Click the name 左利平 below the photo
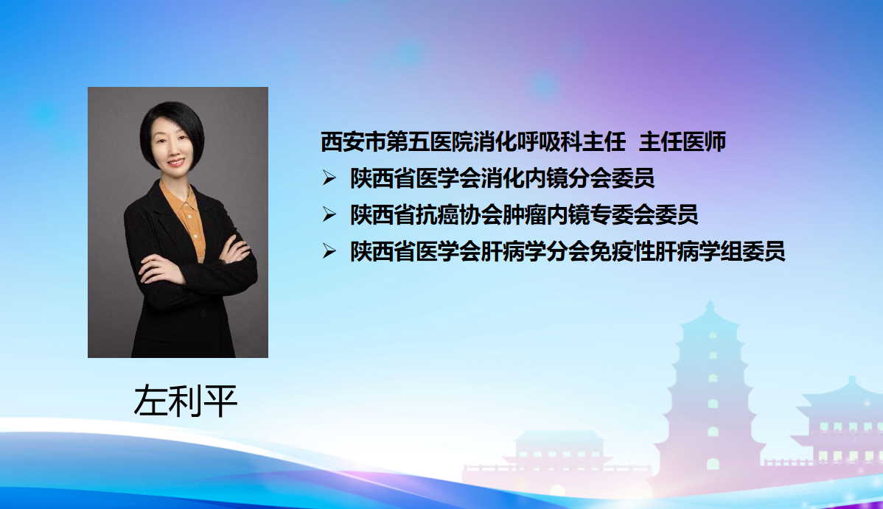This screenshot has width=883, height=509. click(x=185, y=401)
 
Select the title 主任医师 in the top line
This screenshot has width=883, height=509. click(x=683, y=142)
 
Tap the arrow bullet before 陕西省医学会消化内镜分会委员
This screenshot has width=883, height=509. click(x=329, y=178)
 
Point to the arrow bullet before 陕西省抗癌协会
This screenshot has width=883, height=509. click(x=329, y=214)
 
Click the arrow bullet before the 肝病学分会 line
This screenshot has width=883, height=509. click(x=329, y=251)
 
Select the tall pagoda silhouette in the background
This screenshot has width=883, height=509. click(x=712, y=394)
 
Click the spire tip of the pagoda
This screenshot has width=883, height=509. click(x=710, y=302)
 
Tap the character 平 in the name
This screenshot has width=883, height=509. click(x=220, y=401)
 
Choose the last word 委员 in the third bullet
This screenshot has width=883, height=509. click(x=764, y=251)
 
